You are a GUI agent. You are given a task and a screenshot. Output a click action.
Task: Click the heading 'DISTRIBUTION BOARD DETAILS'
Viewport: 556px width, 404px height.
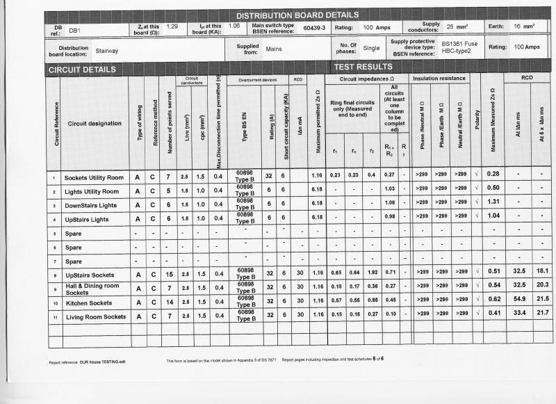297,15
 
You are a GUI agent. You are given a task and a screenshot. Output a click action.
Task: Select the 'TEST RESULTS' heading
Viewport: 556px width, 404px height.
363,67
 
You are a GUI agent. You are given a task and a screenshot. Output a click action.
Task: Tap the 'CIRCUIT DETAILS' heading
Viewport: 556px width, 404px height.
82,70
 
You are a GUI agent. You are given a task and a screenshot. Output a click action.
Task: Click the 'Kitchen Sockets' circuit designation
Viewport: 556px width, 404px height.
88,303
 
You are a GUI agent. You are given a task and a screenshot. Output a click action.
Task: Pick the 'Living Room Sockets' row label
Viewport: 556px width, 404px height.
95,316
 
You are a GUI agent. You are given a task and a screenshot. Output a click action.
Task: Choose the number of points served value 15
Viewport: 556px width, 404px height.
167,275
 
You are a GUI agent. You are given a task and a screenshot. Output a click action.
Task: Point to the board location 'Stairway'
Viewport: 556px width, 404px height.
107,51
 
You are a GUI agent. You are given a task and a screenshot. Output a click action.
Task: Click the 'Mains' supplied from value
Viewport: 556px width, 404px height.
274,49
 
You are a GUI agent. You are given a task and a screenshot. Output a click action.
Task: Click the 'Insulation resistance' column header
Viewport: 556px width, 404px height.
440,79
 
